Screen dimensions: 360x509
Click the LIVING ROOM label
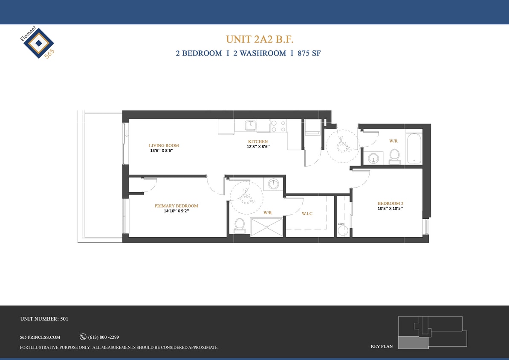click(164, 145)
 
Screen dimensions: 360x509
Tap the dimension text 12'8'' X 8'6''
click(258, 147)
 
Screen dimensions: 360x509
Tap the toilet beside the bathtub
click(394, 156)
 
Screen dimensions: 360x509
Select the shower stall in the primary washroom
click(267, 226)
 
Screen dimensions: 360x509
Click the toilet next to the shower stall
click(240, 225)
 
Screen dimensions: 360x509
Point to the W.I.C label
click(307, 214)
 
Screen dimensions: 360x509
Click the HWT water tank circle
click(343, 231)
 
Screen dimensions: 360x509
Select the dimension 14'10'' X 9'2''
click(176, 211)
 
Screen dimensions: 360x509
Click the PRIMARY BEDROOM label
click(176, 206)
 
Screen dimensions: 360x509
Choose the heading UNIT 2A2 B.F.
click(260, 39)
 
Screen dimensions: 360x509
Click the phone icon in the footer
click(83, 337)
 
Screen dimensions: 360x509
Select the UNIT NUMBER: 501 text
click(44, 319)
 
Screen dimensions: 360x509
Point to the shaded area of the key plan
click(413, 342)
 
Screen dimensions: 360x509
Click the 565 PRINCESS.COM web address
click(40, 337)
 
